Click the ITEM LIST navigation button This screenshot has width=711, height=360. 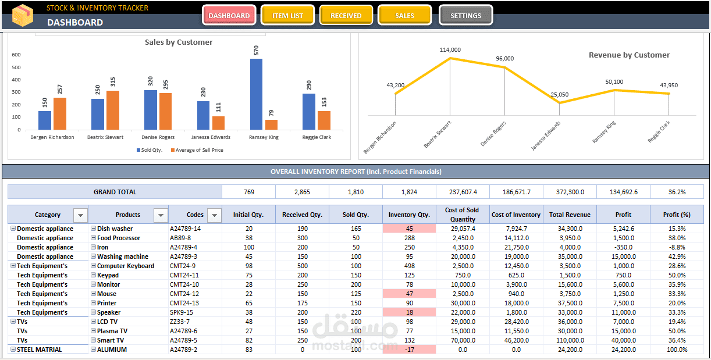click(x=288, y=16)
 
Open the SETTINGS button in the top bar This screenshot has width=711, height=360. click(x=465, y=16)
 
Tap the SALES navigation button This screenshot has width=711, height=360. click(x=404, y=16)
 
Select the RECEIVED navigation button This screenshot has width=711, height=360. click(x=346, y=16)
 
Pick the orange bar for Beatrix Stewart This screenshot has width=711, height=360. click(x=113, y=110)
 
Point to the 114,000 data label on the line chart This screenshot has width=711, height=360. click(x=450, y=50)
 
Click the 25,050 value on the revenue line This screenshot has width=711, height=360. click(x=560, y=95)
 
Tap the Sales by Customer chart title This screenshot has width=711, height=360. click(x=179, y=42)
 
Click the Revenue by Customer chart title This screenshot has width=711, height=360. click(x=629, y=55)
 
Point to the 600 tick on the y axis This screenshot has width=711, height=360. click(x=16, y=55)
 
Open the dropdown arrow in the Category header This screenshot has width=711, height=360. click(x=81, y=215)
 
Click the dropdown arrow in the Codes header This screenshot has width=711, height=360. click(x=215, y=215)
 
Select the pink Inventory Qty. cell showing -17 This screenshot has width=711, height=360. click(x=409, y=350)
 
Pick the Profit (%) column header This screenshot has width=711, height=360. click(x=677, y=215)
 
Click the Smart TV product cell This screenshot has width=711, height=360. click(x=111, y=340)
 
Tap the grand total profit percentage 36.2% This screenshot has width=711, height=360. click(x=677, y=192)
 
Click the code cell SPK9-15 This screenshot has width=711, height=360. click(x=182, y=312)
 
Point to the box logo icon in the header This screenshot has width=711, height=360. click(x=23, y=15)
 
